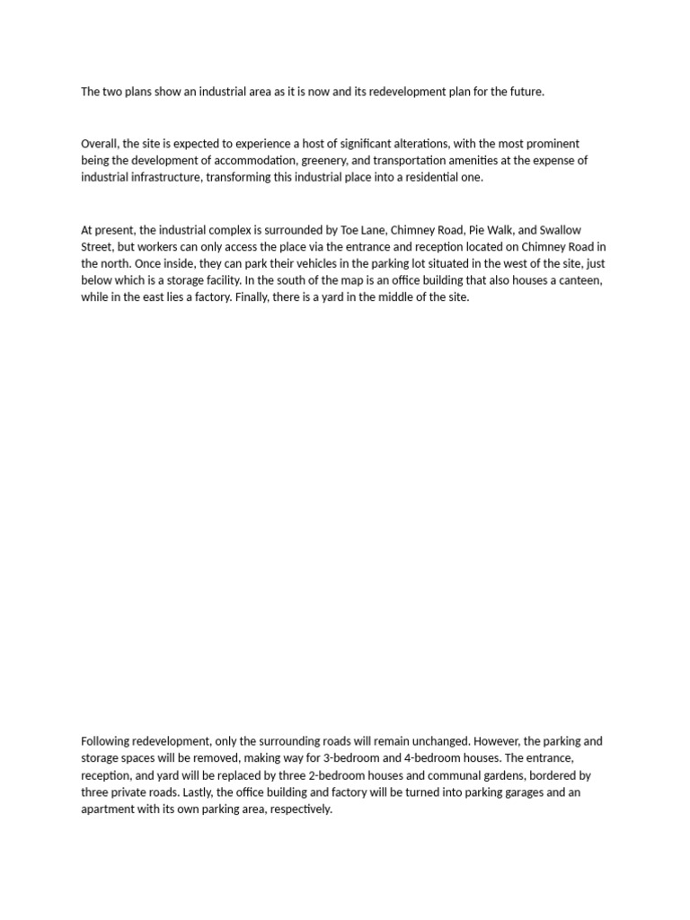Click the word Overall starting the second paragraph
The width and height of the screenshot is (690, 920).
click(x=100, y=144)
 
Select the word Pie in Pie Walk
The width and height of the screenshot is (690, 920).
click(x=463, y=231)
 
